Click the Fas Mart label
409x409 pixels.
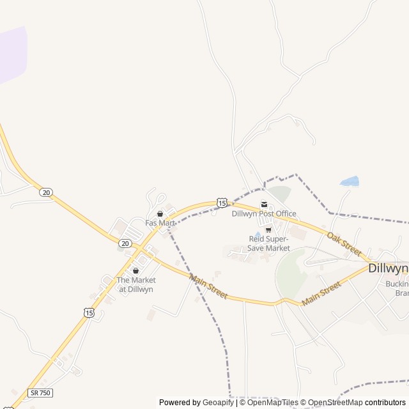(x=160, y=223)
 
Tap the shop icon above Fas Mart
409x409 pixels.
(x=160, y=213)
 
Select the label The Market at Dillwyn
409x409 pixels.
(x=135, y=284)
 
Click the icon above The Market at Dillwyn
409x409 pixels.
(x=135, y=271)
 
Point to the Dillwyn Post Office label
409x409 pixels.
(x=264, y=213)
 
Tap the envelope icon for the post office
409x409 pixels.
(x=264, y=204)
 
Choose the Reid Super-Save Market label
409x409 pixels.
(x=269, y=243)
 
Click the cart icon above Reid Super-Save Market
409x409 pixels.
(x=268, y=230)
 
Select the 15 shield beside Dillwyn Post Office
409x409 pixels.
(x=221, y=203)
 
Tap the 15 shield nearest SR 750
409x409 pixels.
(x=89, y=312)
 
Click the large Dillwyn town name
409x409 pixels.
(x=387, y=268)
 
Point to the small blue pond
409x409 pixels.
(x=350, y=181)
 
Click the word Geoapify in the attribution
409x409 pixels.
(x=219, y=403)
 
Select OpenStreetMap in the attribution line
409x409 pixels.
(x=336, y=403)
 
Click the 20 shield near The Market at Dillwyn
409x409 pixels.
(x=125, y=243)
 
